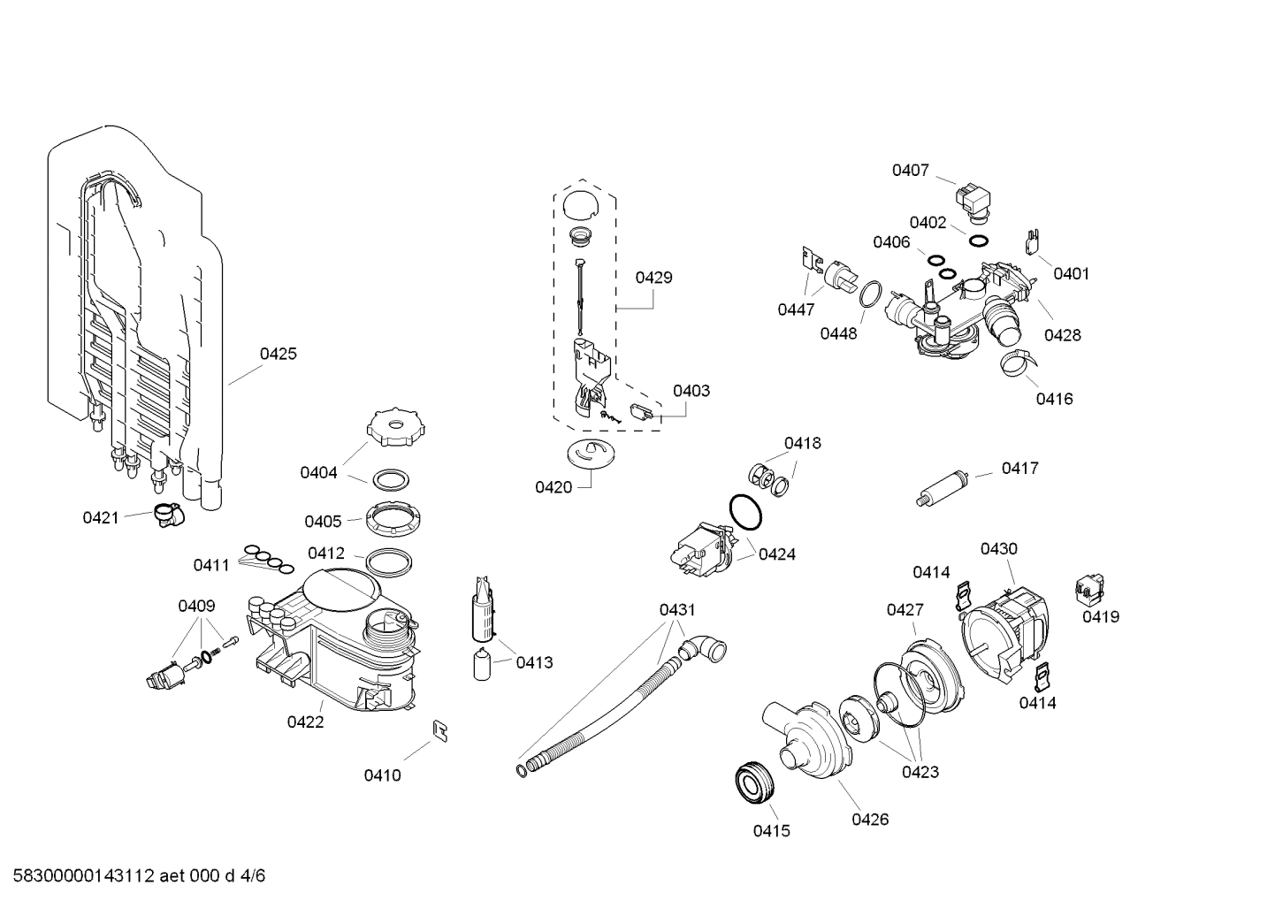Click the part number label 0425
278,354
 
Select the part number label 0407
910,170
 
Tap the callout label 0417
1019,468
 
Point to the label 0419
1101,616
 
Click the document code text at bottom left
134,876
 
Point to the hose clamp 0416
1018,361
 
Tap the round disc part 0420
589,454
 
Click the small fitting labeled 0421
165,514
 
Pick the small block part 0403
641,410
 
